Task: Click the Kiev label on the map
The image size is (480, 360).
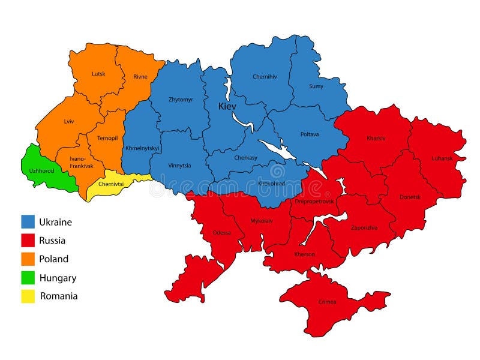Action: pos(227,106)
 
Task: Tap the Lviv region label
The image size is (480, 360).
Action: pos(69,121)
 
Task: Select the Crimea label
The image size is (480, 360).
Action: pos(328,301)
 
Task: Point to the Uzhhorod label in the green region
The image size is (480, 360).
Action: pos(41,171)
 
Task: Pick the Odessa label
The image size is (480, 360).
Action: pos(221,233)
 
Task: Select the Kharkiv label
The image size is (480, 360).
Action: pos(376,139)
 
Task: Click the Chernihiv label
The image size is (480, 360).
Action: pos(265,77)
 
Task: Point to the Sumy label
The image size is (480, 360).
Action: pos(316,86)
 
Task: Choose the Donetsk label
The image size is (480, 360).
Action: pos(410,197)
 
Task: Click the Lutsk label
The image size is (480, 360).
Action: pos(98,74)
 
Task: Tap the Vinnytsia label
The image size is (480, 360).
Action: pos(180,166)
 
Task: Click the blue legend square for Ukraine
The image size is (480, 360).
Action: pos(28,222)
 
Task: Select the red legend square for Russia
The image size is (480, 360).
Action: pos(28,241)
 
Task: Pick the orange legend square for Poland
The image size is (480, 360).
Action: pos(28,259)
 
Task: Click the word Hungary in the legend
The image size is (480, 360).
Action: pos(58,278)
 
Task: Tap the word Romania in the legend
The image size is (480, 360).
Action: pos(59,296)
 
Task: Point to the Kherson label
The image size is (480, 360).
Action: pos(305,254)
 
